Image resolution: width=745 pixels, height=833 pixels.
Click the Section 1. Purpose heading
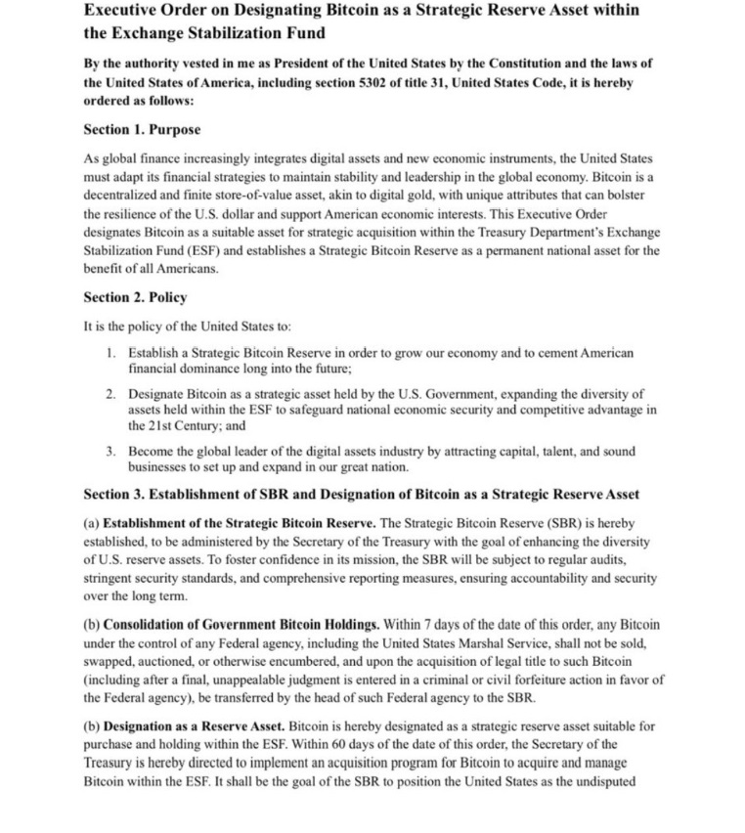click(142, 129)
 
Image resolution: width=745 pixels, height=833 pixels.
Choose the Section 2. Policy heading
click(135, 297)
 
